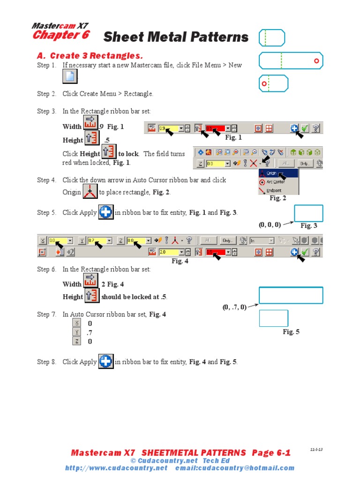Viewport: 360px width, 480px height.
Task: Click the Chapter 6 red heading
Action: (60, 35)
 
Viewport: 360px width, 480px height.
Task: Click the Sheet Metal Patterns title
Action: (175, 37)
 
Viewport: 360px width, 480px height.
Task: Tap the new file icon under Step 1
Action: (70, 76)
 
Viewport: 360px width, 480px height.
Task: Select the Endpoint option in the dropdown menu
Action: (272, 191)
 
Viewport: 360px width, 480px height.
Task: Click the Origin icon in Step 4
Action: (90, 192)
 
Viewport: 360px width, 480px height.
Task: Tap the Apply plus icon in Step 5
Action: (106, 212)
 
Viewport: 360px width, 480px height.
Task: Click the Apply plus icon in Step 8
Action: (106, 361)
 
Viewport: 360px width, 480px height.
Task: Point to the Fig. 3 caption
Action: (309, 226)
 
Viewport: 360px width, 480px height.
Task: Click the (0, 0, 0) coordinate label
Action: (270, 225)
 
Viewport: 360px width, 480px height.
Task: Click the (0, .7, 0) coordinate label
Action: (234, 307)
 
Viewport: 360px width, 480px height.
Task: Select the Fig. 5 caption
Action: (291, 332)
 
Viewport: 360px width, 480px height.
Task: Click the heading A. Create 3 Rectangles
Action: (90, 56)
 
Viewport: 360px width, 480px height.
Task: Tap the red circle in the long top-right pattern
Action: (316, 61)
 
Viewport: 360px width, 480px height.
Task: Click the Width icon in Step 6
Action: (90, 281)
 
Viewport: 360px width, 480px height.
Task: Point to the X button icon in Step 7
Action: (77, 323)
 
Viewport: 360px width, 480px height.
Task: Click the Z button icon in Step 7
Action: (77, 341)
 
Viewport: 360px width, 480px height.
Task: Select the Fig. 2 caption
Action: (278, 198)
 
